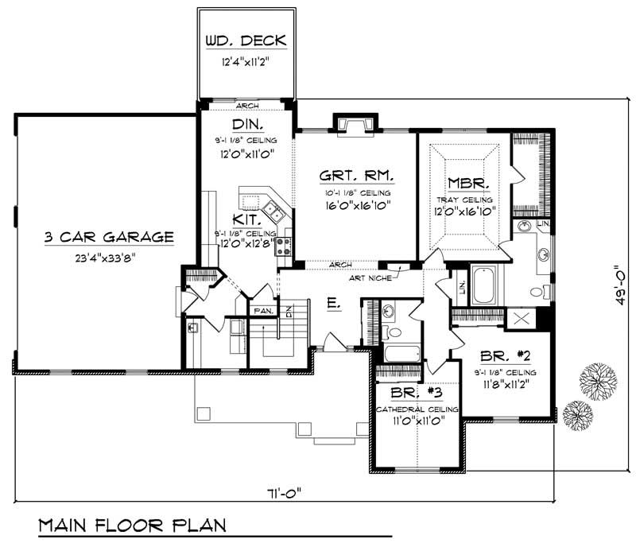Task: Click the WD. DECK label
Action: (246, 41)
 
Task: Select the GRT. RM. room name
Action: (355, 177)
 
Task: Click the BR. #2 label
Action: (505, 357)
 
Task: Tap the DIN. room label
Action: (248, 125)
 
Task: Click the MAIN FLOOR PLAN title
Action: (132, 526)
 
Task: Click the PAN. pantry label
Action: (262, 311)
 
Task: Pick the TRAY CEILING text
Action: (463, 199)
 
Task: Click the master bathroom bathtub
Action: (484, 285)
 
